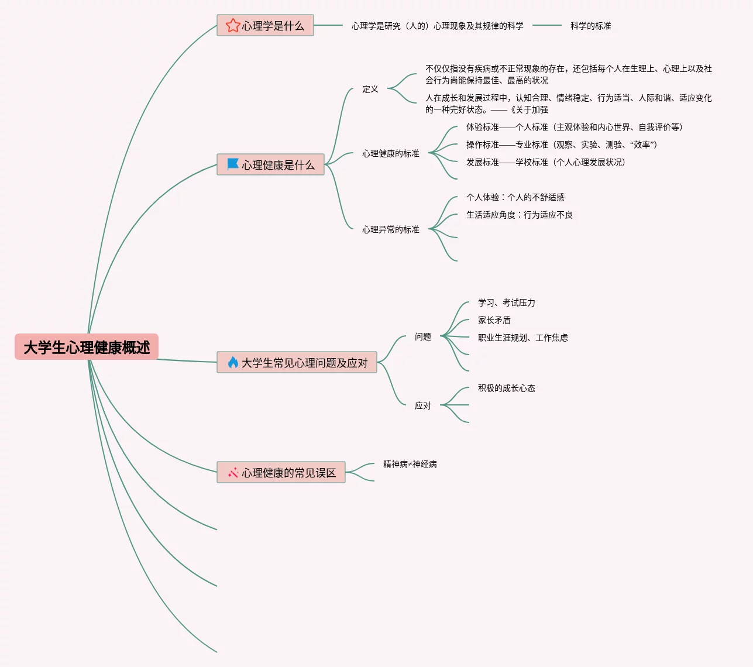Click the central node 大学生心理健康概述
(87, 347)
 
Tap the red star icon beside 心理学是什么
(233, 25)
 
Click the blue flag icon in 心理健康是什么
(233, 164)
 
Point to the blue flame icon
(233, 362)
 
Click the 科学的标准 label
(590, 26)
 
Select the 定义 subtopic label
(370, 89)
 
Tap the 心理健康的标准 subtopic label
(390, 153)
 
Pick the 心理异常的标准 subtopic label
(390, 229)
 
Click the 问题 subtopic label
(422, 336)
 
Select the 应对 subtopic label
(422, 405)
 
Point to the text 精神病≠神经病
(410, 464)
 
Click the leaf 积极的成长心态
(506, 388)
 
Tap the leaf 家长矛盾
(494, 320)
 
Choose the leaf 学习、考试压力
(506, 302)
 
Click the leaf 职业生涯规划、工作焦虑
(522, 338)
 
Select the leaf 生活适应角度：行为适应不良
(519, 215)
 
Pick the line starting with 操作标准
(562, 145)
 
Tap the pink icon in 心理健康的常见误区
(233, 472)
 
